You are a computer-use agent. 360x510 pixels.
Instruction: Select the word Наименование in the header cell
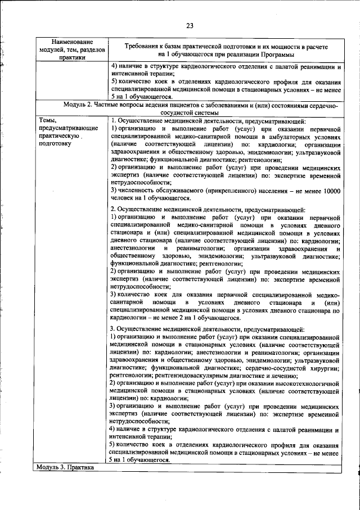coord(72,42)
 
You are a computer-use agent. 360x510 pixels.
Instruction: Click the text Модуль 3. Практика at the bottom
coord(65,467)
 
